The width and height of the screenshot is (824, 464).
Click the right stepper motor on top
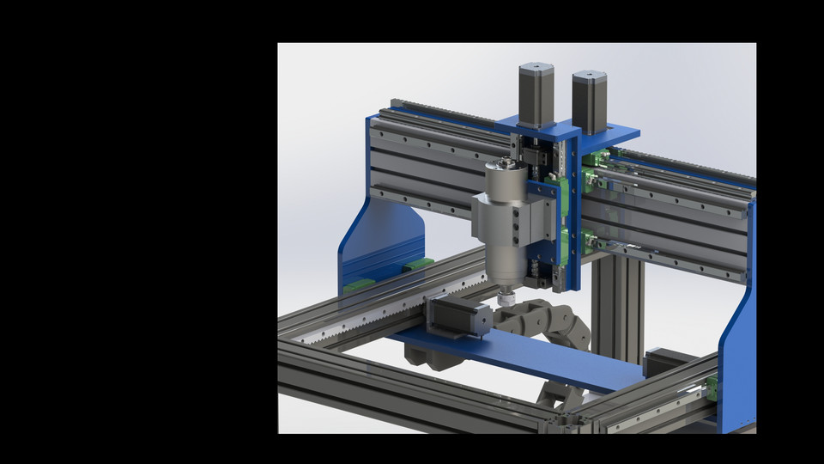pyautogui.click(x=589, y=101)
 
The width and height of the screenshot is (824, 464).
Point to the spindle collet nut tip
pyautogui.click(x=507, y=300)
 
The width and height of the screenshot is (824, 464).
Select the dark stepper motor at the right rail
pyautogui.click(x=669, y=361)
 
